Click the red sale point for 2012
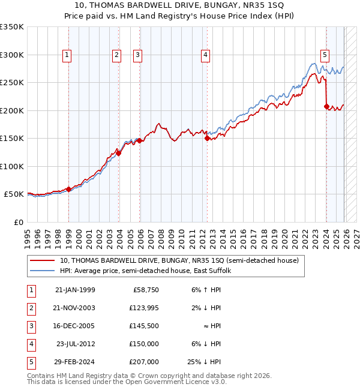207,138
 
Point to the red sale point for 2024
326,107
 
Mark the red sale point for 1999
68,189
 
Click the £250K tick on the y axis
12,82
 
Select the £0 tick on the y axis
18,222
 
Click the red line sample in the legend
42,260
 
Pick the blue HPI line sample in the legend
42,271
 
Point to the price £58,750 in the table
144,290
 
